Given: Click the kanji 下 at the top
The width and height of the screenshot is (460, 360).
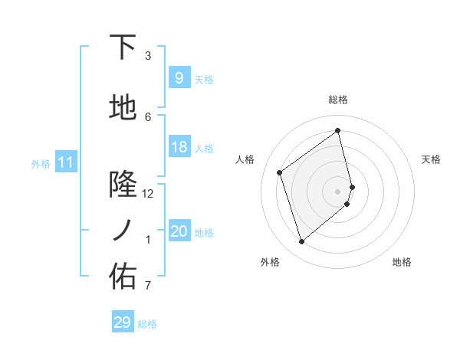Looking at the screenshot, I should tap(123, 47).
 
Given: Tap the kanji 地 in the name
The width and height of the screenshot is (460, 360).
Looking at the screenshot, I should tap(123, 109).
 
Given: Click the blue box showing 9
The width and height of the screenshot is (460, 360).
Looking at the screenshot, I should tap(179, 77).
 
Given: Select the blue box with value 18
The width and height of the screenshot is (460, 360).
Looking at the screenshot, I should tap(179, 147).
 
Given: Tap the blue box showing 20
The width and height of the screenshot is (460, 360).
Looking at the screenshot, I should tap(179, 231).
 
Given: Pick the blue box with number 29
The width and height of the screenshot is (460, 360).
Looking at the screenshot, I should tap(122, 322).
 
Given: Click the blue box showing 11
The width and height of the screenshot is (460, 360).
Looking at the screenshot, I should tap(65, 162).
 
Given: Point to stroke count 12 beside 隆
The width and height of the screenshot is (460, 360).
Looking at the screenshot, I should tap(148, 194).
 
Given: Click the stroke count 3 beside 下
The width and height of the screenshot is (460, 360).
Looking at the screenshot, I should tap(148, 56).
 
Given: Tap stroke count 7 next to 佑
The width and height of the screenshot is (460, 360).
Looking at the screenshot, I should tap(148, 286).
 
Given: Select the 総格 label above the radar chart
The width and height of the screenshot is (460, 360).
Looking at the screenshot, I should tap(338, 100).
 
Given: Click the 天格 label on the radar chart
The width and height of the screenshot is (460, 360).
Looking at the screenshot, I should tap(431, 159).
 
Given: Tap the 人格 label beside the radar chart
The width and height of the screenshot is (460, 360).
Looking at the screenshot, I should tap(245, 159).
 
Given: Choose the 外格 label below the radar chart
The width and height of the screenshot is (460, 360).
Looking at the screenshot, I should tap(270, 263).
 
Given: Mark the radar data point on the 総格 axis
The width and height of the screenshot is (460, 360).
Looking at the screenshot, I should tap(338, 131).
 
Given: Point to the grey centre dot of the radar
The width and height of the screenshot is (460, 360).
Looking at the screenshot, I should tap(338, 191).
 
